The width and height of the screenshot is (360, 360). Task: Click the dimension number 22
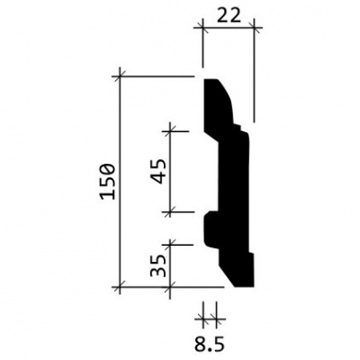click(x=229, y=15)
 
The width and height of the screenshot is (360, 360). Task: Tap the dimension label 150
click(x=108, y=182)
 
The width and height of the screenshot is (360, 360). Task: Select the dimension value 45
click(x=158, y=171)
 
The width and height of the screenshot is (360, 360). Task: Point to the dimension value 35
click(x=158, y=265)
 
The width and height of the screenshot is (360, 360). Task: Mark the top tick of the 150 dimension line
click(x=120, y=76)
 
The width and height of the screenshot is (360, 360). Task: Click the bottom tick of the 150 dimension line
click(x=120, y=287)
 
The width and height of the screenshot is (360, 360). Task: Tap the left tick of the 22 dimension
click(x=203, y=28)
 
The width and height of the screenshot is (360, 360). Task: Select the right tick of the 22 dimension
click(x=254, y=28)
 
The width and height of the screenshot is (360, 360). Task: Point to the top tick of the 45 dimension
click(x=170, y=131)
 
